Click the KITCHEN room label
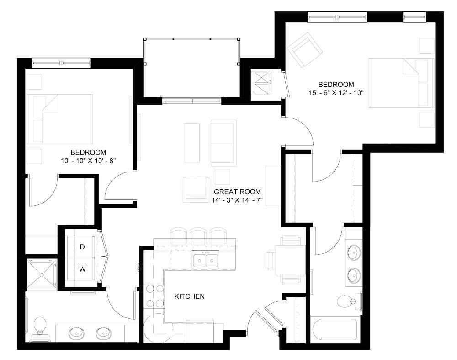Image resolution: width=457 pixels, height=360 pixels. click(190, 296)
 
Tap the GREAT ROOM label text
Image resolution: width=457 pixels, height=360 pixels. click(237, 192)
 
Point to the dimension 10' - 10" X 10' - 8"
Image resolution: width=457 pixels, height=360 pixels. click(88, 160)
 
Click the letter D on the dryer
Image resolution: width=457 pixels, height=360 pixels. click(83, 247)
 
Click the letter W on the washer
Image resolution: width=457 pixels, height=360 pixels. click(83, 269)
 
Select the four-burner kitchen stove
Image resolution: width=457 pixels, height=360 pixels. click(155, 296)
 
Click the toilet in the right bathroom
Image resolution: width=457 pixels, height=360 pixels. click(345, 301)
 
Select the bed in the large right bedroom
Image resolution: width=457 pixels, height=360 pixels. click(401, 83)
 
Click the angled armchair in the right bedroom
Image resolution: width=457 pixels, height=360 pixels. click(305, 50)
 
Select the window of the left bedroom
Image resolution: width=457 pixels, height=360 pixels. click(61, 61)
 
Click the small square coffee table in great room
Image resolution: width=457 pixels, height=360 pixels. click(223, 177)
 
